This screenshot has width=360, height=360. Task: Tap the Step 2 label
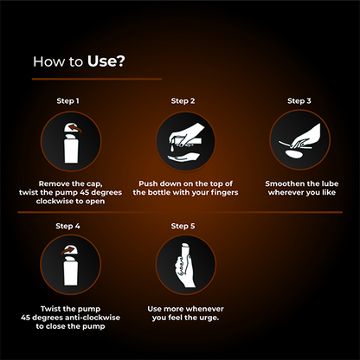[x=183, y=101]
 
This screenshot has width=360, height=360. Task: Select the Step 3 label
[x=299, y=101]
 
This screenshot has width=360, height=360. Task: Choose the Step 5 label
[x=183, y=227]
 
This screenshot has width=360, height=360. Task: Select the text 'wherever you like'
[x=299, y=192]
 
